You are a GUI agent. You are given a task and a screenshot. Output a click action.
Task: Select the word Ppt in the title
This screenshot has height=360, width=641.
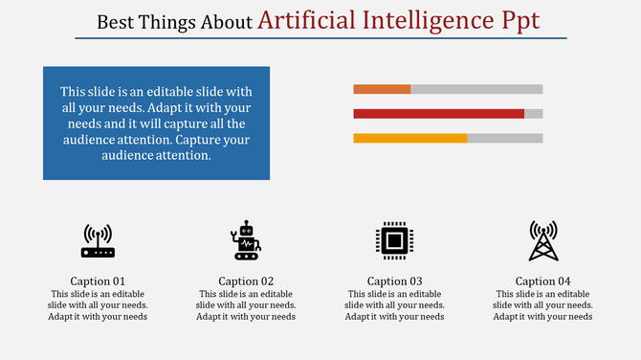click(520, 19)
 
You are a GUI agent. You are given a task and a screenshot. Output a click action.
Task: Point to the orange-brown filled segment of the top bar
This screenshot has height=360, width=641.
click(382, 89)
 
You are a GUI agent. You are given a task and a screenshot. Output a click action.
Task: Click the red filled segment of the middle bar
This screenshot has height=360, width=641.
click(438, 113)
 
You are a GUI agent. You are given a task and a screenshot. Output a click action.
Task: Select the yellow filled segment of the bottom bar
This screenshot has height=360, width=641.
click(409, 138)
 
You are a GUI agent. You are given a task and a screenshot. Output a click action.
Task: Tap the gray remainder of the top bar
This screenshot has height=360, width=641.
click(476, 89)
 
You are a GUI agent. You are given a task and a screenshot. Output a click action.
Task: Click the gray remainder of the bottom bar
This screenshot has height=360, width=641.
click(504, 138)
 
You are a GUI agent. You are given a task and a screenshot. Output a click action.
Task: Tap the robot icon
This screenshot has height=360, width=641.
click(246, 240)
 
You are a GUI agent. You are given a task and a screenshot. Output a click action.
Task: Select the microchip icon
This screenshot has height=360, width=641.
click(393, 240)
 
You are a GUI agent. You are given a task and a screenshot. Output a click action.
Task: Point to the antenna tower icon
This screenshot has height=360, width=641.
click(542, 240)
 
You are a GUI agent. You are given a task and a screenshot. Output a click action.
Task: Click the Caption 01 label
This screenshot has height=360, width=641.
click(99, 281)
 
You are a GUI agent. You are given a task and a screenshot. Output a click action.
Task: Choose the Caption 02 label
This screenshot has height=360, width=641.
click(247, 281)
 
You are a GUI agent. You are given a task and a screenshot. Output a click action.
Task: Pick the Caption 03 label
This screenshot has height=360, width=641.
click(395, 281)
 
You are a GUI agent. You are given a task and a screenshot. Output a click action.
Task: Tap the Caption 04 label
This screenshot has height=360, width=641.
click(542, 281)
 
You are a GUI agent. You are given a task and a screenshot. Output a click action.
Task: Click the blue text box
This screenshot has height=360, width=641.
click(156, 123)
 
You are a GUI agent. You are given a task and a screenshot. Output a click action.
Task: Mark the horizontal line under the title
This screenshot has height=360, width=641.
click(320, 38)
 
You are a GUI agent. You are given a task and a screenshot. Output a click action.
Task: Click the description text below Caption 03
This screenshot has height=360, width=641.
click(395, 305)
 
